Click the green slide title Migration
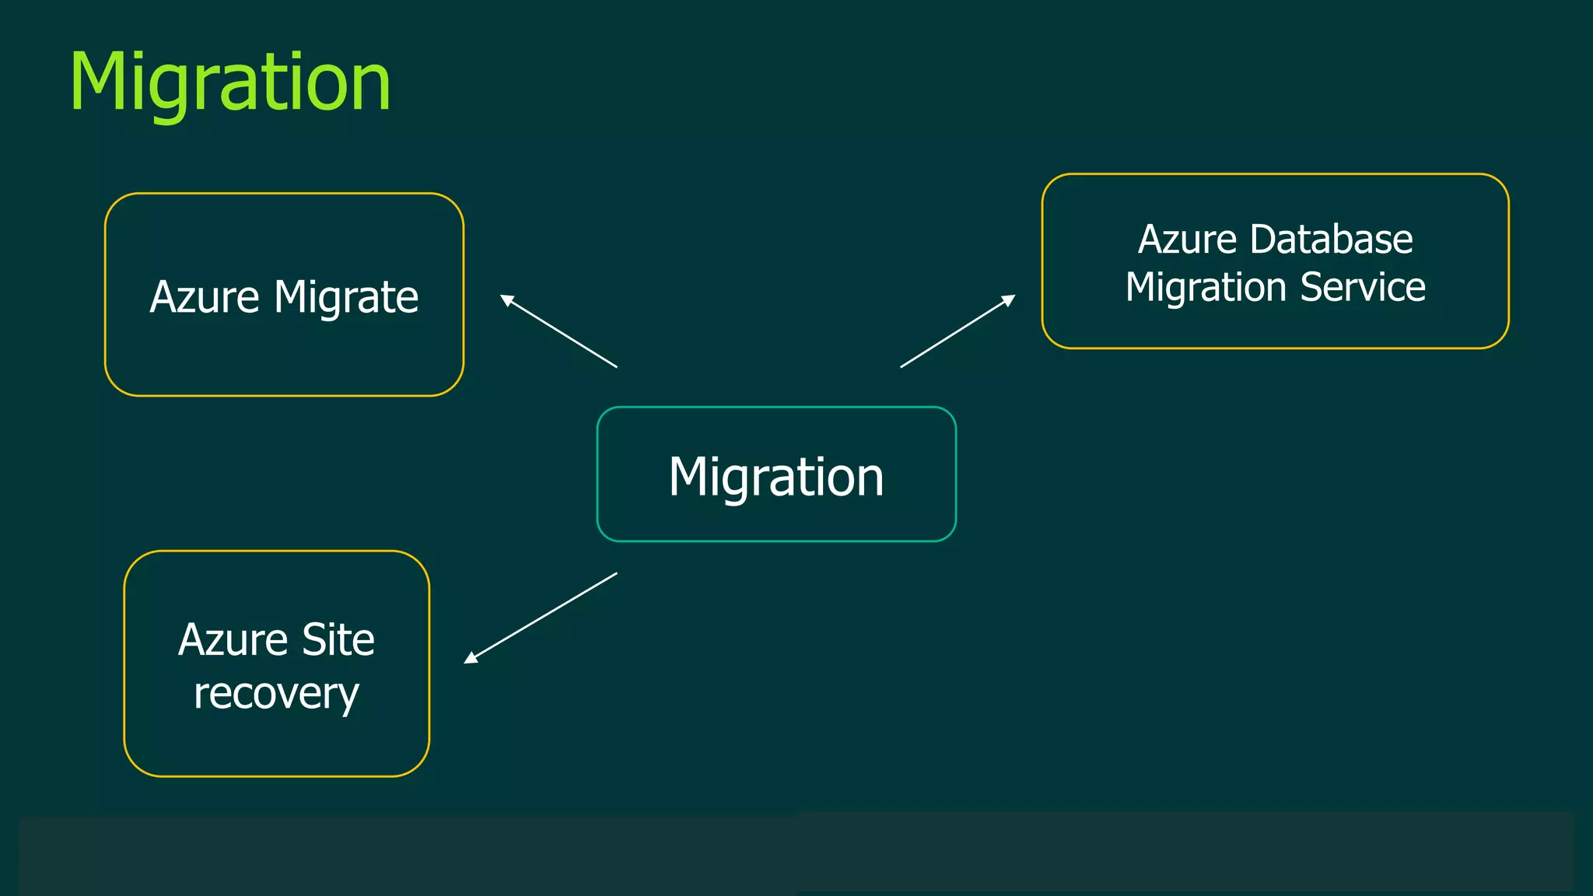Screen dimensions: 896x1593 click(x=230, y=82)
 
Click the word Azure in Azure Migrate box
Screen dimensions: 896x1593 click(x=204, y=297)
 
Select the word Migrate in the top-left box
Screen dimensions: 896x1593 click(x=346, y=297)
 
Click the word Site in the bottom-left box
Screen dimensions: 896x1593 click(x=338, y=639)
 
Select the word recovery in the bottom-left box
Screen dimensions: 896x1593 click(x=276, y=693)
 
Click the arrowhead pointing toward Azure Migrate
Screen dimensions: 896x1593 click(x=506, y=299)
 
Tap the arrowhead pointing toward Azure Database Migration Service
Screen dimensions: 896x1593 click(x=1009, y=299)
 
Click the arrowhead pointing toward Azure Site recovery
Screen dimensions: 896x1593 click(x=470, y=658)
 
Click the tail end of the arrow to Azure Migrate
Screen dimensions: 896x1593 click(x=615, y=366)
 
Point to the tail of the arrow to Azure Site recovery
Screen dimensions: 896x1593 click(x=615, y=574)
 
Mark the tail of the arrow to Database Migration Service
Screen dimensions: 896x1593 click(x=902, y=366)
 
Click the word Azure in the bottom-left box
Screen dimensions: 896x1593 click(x=233, y=639)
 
